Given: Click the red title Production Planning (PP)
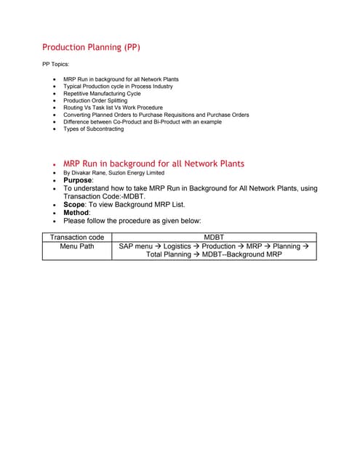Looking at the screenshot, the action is click(91, 47).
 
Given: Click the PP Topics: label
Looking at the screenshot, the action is click(56, 64).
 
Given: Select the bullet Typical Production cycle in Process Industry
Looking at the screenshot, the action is click(118, 86).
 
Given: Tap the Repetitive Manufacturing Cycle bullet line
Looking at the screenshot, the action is click(102, 93).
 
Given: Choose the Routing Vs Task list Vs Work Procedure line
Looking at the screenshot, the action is click(113, 108).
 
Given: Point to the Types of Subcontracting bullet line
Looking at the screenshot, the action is click(95, 129).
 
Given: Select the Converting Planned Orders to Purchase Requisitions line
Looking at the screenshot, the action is click(156, 115).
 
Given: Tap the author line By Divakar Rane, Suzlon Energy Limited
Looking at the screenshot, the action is click(113, 173).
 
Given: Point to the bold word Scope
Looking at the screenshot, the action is click(74, 204).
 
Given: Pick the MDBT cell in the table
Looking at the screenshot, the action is click(214, 237).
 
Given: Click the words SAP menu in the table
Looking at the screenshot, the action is click(135, 246).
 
